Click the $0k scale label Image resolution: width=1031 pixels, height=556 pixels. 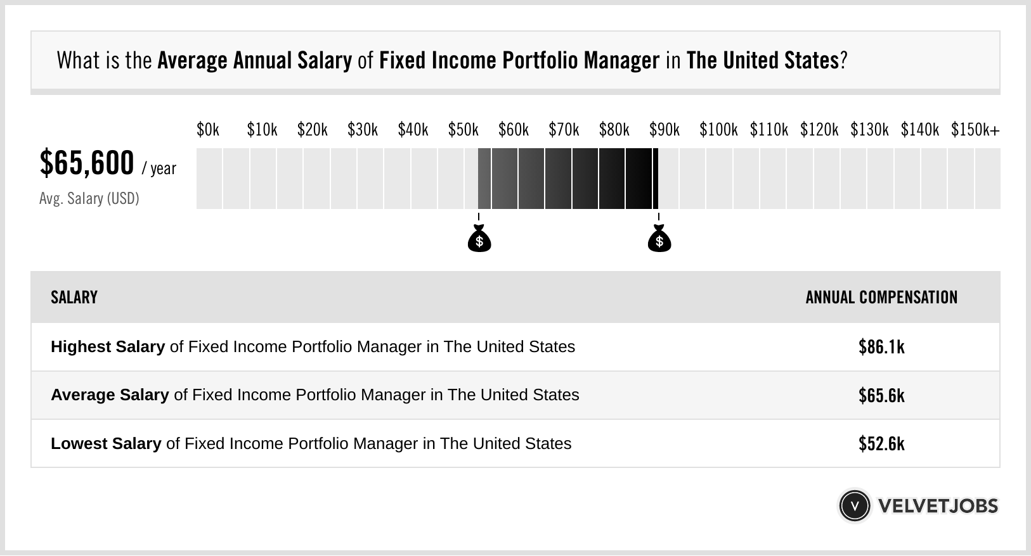click(x=208, y=130)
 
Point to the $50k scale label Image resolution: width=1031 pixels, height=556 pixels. click(x=463, y=130)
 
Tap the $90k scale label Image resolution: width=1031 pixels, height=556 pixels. click(x=664, y=130)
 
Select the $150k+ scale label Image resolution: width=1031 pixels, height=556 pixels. click(x=975, y=130)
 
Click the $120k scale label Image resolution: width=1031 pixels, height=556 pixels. click(x=819, y=130)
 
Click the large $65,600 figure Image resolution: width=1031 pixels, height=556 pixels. click(x=87, y=163)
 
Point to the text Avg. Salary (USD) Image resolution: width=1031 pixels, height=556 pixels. click(x=89, y=199)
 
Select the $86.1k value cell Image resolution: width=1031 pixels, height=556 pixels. click(x=881, y=347)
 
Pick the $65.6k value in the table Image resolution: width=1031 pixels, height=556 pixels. click(x=881, y=395)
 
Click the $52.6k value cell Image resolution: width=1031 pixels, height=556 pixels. click(x=881, y=443)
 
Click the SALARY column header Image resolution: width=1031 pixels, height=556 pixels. click(x=74, y=298)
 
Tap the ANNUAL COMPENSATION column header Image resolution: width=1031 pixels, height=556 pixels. click(x=881, y=298)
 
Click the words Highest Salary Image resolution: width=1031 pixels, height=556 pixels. click(x=107, y=347)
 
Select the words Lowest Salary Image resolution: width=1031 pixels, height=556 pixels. click(x=105, y=443)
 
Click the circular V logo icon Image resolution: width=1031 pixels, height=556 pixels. click(x=854, y=505)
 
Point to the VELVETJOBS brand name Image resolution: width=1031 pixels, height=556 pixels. click(x=938, y=505)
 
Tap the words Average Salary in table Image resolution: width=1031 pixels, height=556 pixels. click(x=109, y=395)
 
